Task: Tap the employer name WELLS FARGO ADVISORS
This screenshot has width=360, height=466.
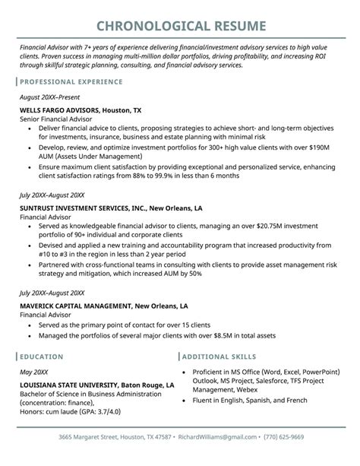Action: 64,109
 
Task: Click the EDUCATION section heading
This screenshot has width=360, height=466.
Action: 42,356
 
